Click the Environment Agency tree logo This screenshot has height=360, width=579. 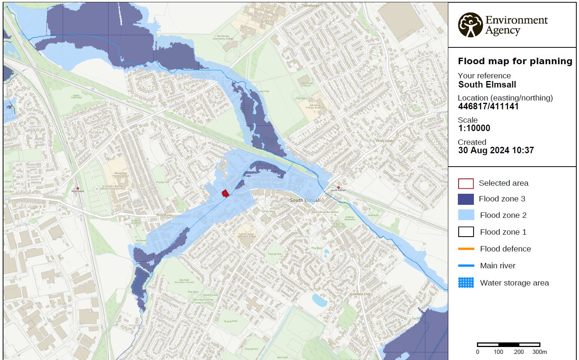[470, 25]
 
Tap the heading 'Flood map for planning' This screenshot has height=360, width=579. [515, 61]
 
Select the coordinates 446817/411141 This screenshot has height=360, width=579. [488, 106]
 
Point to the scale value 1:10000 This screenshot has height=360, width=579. [474, 128]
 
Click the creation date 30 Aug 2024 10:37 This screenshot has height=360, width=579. [496, 150]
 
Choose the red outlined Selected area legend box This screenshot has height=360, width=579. [465, 183]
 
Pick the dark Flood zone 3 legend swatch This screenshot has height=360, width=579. [465, 199]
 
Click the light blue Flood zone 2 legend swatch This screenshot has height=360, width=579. [465, 215]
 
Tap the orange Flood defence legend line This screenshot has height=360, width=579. [465, 249]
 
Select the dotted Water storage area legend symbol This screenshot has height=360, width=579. [465, 283]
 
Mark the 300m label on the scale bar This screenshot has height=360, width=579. [539, 352]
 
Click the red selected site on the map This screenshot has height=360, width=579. [225, 193]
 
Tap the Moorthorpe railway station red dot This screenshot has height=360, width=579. [78, 188]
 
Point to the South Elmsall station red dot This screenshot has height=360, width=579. [338, 188]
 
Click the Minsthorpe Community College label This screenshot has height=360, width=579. [223, 38]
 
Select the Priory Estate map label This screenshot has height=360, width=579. [385, 141]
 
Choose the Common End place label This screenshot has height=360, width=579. [360, 294]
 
